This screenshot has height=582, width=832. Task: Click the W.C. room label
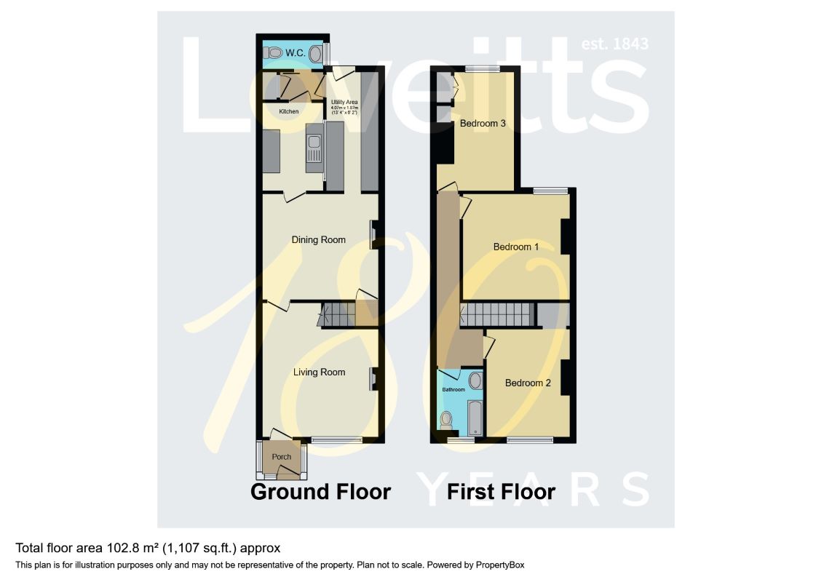click(x=295, y=52)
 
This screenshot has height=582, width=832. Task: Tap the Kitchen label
click(x=289, y=111)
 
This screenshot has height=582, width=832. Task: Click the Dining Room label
click(x=318, y=239)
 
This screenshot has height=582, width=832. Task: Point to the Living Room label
click(x=319, y=372)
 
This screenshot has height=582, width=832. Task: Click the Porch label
click(x=281, y=457)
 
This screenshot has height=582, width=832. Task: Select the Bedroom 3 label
click(x=483, y=124)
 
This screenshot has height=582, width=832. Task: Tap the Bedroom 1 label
click(x=516, y=247)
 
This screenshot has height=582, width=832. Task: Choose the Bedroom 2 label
click(x=528, y=383)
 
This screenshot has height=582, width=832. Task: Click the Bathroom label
click(x=453, y=390)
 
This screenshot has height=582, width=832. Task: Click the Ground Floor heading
click(x=320, y=492)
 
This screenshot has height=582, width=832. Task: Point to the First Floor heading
click(x=502, y=492)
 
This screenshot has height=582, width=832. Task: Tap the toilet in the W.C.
click(x=274, y=52)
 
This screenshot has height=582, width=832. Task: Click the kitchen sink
click(x=314, y=149)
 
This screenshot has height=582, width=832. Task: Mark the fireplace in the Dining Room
click(x=374, y=235)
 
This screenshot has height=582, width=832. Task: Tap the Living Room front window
click(x=337, y=439)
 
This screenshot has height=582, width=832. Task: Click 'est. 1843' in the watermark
click(x=614, y=44)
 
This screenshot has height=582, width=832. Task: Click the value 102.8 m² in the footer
click(x=116, y=548)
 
